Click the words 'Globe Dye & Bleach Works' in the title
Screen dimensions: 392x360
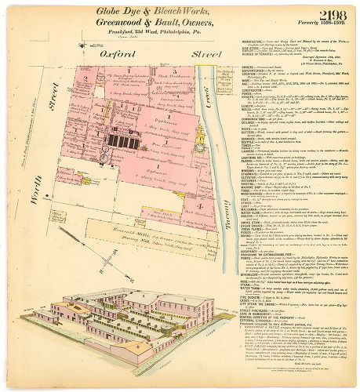pyautogui.click(x=144, y=12)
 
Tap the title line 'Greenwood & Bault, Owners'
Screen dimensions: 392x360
pyautogui.click(x=145, y=24)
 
